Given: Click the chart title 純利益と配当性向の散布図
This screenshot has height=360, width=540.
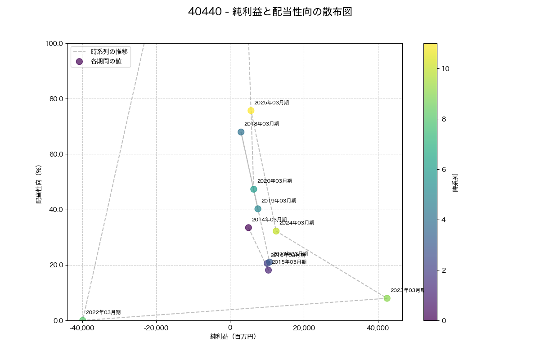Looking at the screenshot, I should pos(270,12).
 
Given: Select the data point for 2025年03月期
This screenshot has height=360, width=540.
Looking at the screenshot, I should pos(251,111).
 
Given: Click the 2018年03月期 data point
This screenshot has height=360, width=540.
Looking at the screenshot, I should pos(241,132).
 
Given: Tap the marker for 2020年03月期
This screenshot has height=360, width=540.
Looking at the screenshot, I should pos(254,189).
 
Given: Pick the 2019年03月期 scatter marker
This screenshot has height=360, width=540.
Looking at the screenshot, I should pos(258,209).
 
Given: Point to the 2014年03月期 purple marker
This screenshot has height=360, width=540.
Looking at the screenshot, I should pos(248,228).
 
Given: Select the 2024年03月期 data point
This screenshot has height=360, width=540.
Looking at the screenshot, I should pos(276,231).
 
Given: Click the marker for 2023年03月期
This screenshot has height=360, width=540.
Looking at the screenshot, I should pos(387,298).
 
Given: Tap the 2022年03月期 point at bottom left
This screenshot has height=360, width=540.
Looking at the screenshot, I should pos(83,320).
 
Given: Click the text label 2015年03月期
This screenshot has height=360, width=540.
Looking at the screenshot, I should pos(289,262).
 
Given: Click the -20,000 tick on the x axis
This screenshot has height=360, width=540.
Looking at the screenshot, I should pos(156,328).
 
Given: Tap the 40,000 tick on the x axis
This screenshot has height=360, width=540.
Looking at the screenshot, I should pos(378,328).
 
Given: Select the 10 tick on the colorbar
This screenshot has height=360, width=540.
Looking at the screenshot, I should pos(445,69).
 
